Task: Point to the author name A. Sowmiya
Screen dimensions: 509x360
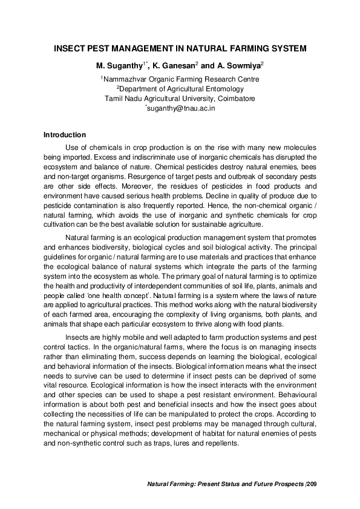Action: tap(237, 65)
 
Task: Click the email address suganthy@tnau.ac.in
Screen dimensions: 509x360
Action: tap(182, 108)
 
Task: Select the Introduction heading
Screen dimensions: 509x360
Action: tap(65, 135)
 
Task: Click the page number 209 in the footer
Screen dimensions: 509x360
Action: tap(312, 485)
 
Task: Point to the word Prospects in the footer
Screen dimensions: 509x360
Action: tap(288, 485)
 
